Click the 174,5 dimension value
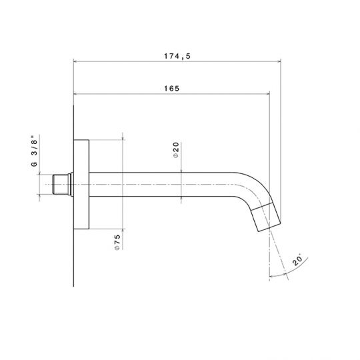pyautogui.click(x=177, y=56)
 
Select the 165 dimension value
pyautogui.click(x=172, y=89)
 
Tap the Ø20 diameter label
pyautogui.click(x=176, y=150)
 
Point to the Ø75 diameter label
pyautogui.click(x=117, y=242)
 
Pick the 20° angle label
pyautogui.click(x=298, y=259)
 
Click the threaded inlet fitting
pyautogui.click(x=61, y=185)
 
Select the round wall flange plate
pyautogui.click(x=81, y=185)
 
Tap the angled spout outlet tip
pyautogui.click(x=266, y=217)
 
